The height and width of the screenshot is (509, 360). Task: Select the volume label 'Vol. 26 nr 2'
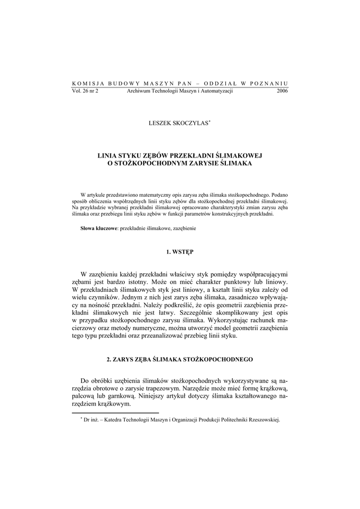85,91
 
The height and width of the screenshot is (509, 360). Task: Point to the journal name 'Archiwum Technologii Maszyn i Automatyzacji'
180,91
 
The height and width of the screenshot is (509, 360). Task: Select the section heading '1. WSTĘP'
180,252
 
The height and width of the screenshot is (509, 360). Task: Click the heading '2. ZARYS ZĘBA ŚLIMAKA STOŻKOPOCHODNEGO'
180,359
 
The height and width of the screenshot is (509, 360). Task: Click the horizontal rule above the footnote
115,413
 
